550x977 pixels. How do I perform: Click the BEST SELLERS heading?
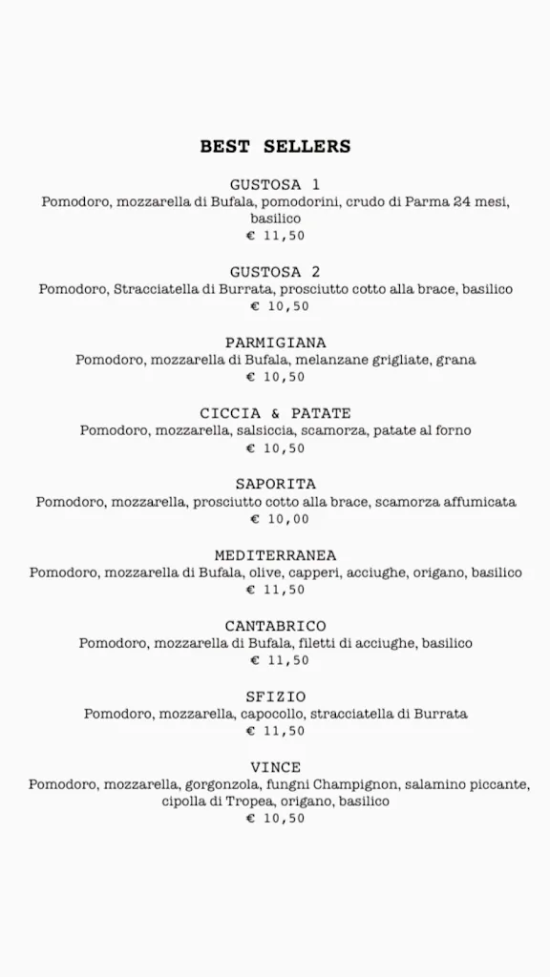(275, 147)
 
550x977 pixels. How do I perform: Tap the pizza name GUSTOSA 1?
(275, 184)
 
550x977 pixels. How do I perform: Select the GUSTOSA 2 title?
(275, 272)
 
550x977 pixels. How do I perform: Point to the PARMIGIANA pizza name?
(275, 343)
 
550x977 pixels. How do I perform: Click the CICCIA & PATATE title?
(275, 413)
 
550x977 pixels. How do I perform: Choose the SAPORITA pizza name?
(275, 484)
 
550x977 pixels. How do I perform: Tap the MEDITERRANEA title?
(275, 555)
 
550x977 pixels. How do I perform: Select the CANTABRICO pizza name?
(275, 626)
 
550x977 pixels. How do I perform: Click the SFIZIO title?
(275, 696)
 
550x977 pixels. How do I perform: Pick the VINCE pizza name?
(275, 767)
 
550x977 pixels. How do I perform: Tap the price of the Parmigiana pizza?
(275, 377)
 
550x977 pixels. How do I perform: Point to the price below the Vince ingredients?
(275, 818)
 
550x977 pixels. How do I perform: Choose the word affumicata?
(479, 502)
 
